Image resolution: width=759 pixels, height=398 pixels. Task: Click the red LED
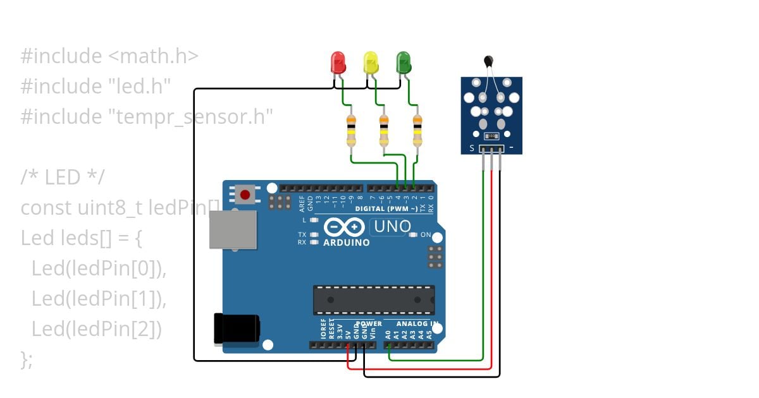338,63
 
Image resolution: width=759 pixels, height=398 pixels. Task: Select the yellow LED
371,63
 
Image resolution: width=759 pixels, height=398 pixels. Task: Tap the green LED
403,63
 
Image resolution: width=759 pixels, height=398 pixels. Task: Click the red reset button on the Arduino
245,195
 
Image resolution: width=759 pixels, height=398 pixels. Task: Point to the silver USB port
233,229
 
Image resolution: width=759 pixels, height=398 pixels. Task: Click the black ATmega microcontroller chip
373,299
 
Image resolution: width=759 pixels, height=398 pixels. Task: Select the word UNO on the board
392,226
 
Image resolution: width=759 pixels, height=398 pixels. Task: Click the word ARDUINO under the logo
347,243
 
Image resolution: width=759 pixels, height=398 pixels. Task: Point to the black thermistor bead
488,61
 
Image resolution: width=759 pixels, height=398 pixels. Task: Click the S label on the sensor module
471,149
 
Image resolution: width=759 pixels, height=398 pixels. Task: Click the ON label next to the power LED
426,235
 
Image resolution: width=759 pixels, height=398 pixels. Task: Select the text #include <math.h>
109,56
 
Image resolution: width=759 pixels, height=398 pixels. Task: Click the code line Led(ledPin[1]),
99,299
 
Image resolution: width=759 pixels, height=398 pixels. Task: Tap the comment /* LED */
62,178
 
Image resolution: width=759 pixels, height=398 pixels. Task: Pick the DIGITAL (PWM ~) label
386,208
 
